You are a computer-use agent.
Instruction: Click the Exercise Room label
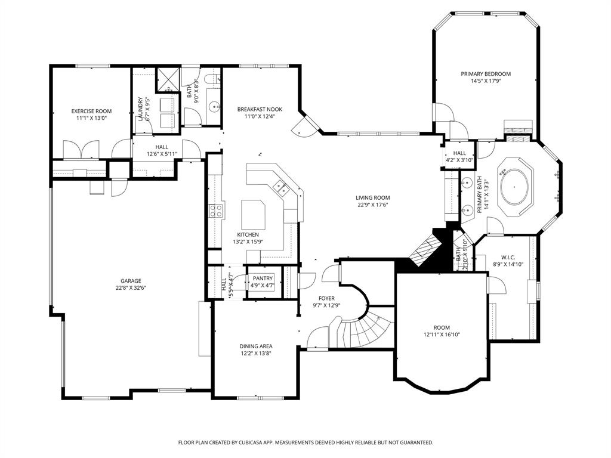91,111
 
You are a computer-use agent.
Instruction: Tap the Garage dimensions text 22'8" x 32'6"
131,288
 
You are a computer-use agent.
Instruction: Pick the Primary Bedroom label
485,74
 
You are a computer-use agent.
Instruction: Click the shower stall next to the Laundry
168,81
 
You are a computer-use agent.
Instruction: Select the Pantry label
263,278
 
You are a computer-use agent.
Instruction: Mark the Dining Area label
256,346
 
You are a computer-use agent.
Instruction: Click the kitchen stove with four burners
216,210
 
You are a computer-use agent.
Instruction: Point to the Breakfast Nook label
260,109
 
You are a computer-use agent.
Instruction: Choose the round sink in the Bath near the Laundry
214,107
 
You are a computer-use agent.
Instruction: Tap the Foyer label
326,298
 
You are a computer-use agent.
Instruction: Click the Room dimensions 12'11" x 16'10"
442,335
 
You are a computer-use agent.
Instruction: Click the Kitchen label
248,234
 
